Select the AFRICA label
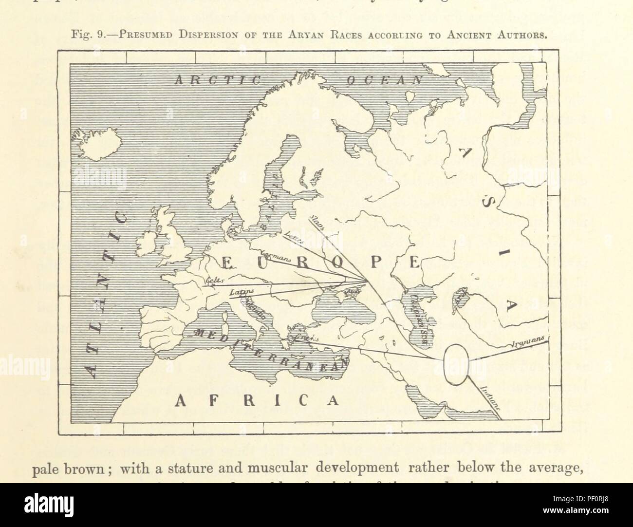pyautogui.click(x=256, y=400)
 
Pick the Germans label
pyautogui.click(x=275, y=256)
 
